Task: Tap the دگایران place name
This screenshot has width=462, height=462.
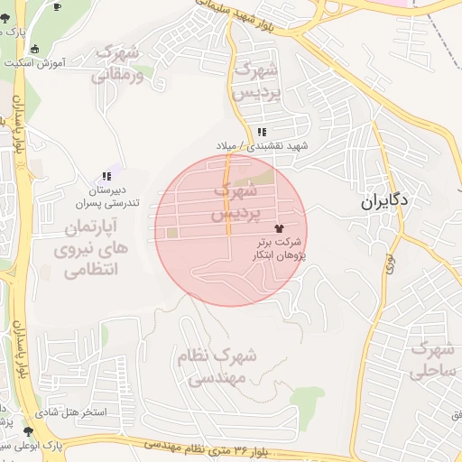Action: (385, 202)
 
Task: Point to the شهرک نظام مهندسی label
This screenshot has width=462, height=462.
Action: (216, 366)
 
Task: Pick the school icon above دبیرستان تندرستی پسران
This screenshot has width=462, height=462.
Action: (106, 177)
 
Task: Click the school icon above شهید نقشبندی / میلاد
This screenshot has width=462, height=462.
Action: (262, 133)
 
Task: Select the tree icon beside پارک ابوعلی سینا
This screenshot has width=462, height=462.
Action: (31, 432)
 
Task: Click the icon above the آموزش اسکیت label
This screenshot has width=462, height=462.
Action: (35, 49)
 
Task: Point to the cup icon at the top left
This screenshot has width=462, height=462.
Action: (58, 6)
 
